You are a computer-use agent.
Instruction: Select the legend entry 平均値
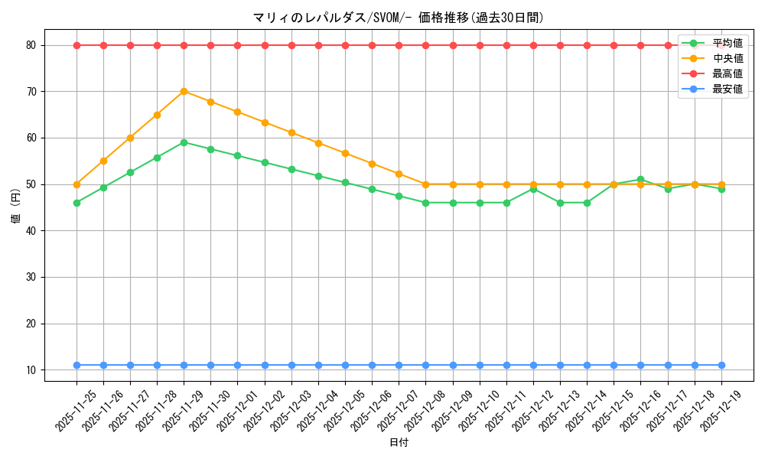727,43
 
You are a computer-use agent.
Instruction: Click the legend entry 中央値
727,58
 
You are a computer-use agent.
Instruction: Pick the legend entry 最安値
727,89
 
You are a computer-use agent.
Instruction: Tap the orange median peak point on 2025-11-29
184,92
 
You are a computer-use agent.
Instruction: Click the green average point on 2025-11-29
184,142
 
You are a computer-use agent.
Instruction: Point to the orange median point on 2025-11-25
76,184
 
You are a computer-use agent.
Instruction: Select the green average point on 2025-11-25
76,203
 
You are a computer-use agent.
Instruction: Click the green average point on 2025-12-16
640,180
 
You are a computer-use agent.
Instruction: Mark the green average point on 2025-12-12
533,189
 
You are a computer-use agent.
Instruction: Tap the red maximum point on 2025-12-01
237,45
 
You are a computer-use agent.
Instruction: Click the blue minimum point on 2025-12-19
721,365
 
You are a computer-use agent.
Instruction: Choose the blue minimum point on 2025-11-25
76,365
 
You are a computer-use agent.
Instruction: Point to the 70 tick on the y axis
31,92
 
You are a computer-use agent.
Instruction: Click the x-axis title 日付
399,443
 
